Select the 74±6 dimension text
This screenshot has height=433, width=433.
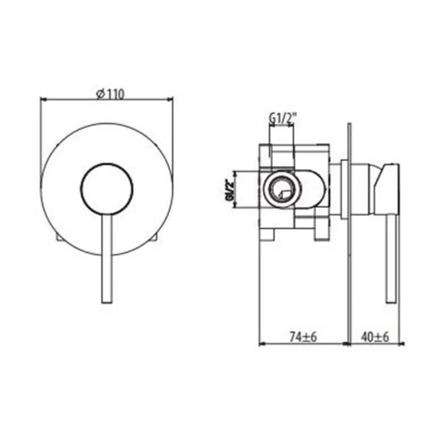click(302, 335)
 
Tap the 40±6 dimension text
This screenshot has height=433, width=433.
click(375, 335)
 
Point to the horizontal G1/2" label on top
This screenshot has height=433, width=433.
click(281, 117)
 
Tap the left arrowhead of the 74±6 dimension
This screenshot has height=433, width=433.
click(261, 344)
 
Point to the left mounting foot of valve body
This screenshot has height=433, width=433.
click(268, 232)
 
